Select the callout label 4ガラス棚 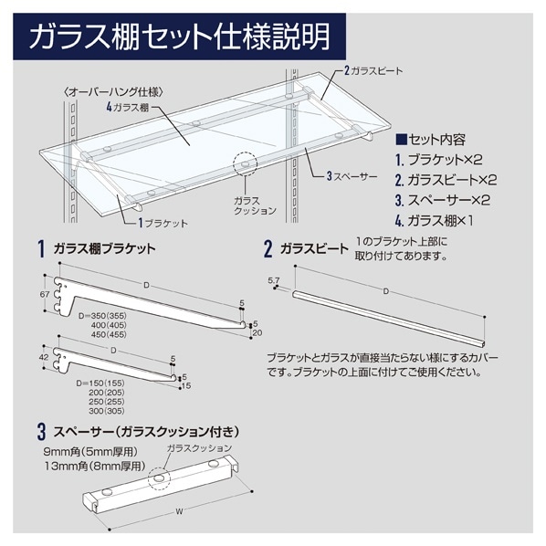129,107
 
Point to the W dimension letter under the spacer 176,511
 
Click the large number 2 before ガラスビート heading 268,248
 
